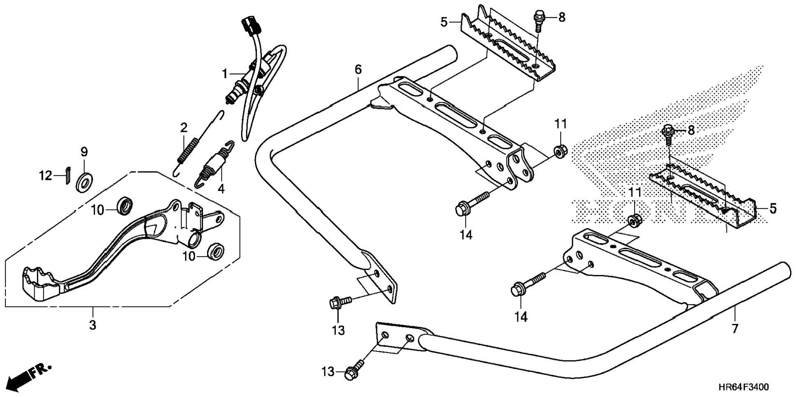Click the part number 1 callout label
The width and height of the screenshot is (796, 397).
click(x=224, y=74)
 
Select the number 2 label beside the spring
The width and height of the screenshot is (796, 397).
click(x=184, y=127)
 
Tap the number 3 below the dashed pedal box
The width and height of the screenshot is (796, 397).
click(x=93, y=325)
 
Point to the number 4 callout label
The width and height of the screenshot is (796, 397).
click(x=221, y=189)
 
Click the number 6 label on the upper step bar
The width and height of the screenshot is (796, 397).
click(x=358, y=69)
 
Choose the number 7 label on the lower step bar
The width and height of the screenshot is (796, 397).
click(x=735, y=328)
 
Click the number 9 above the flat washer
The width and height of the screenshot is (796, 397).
click(x=84, y=152)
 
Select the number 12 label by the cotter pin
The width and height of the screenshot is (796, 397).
click(x=46, y=176)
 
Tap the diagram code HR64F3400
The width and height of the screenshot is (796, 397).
click(x=743, y=387)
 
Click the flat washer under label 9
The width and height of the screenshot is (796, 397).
click(x=84, y=180)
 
